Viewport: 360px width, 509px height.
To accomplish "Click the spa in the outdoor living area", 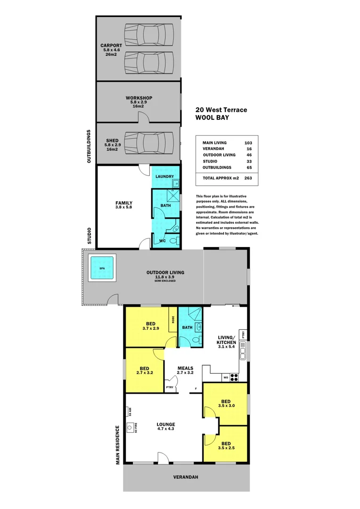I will (x=102, y=268).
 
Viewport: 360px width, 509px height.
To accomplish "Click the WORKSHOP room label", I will (x=139, y=98).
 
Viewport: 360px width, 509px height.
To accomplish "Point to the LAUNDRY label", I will (x=165, y=176).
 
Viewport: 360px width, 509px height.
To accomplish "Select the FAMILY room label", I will (x=124, y=203).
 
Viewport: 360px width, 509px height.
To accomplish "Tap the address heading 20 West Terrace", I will (x=221, y=110).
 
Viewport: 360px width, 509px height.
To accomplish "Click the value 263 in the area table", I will (x=248, y=179).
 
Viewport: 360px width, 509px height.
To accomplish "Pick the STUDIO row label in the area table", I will (x=210, y=161).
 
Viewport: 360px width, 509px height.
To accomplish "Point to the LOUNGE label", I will (x=166, y=424).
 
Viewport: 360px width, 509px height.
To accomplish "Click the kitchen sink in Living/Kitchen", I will (x=242, y=351).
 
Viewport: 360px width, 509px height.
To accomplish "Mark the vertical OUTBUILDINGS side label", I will (x=89, y=146).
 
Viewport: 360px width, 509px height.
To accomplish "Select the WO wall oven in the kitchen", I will (x=226, y=377).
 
